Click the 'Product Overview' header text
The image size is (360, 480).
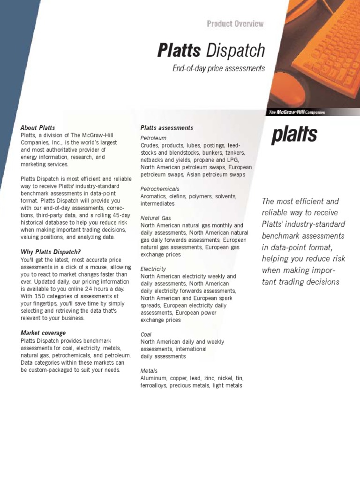[235, 24]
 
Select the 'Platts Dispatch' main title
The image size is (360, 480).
[211, 50]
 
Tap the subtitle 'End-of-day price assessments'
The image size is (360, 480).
[218, 68]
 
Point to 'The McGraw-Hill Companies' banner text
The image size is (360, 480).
[297, 112]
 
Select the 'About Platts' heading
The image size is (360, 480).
[37, 127]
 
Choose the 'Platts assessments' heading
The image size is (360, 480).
[167, 127]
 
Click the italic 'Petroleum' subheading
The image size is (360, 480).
[153, 138]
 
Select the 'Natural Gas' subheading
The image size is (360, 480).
[156, 218]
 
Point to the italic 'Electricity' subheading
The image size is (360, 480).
[153, 269]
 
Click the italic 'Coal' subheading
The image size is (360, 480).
[146, 334]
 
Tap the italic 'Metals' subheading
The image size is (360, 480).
[149, 371]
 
